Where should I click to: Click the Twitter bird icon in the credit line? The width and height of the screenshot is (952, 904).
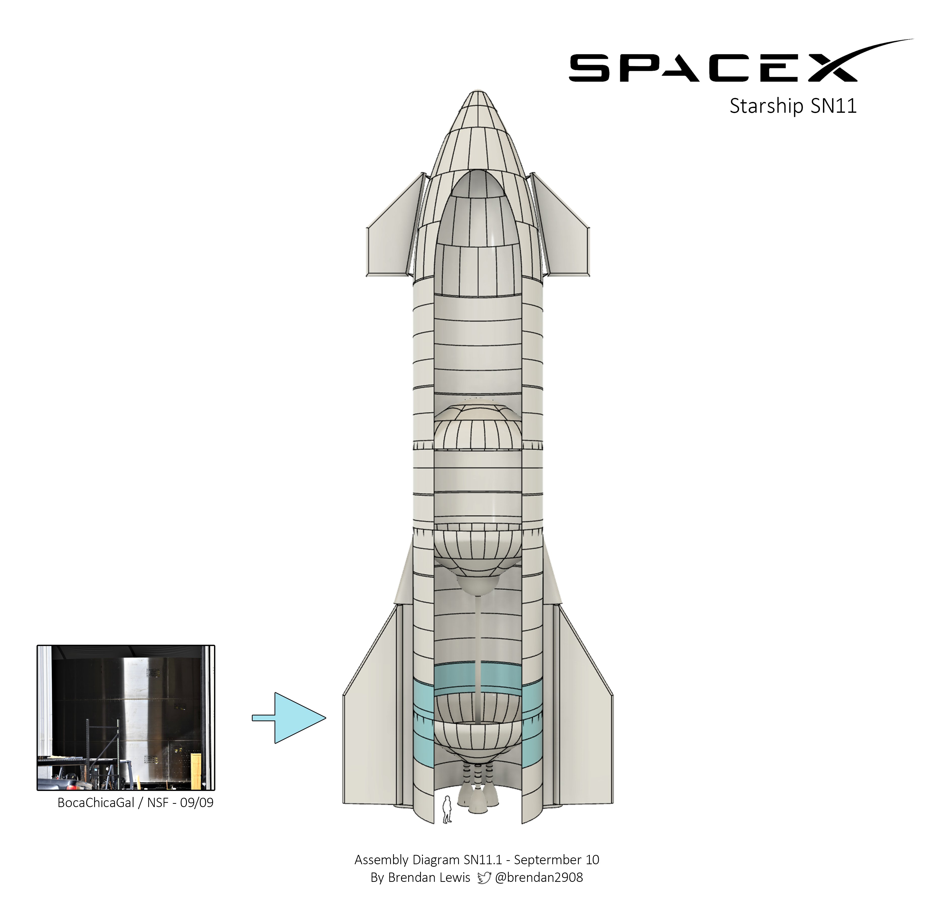click(484, 878)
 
